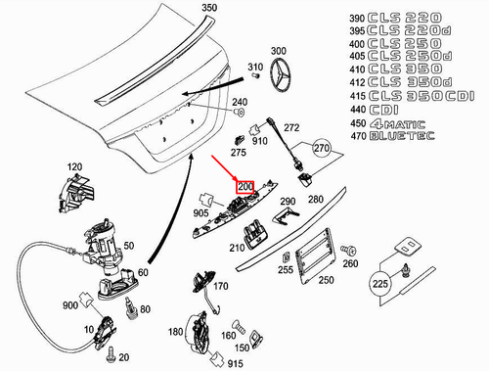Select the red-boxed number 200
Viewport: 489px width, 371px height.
coord(244,186)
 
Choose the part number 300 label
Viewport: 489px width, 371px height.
coord(279,51)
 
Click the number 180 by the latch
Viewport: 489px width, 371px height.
coord(174,333)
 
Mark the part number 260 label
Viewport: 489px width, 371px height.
coord(351,263)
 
